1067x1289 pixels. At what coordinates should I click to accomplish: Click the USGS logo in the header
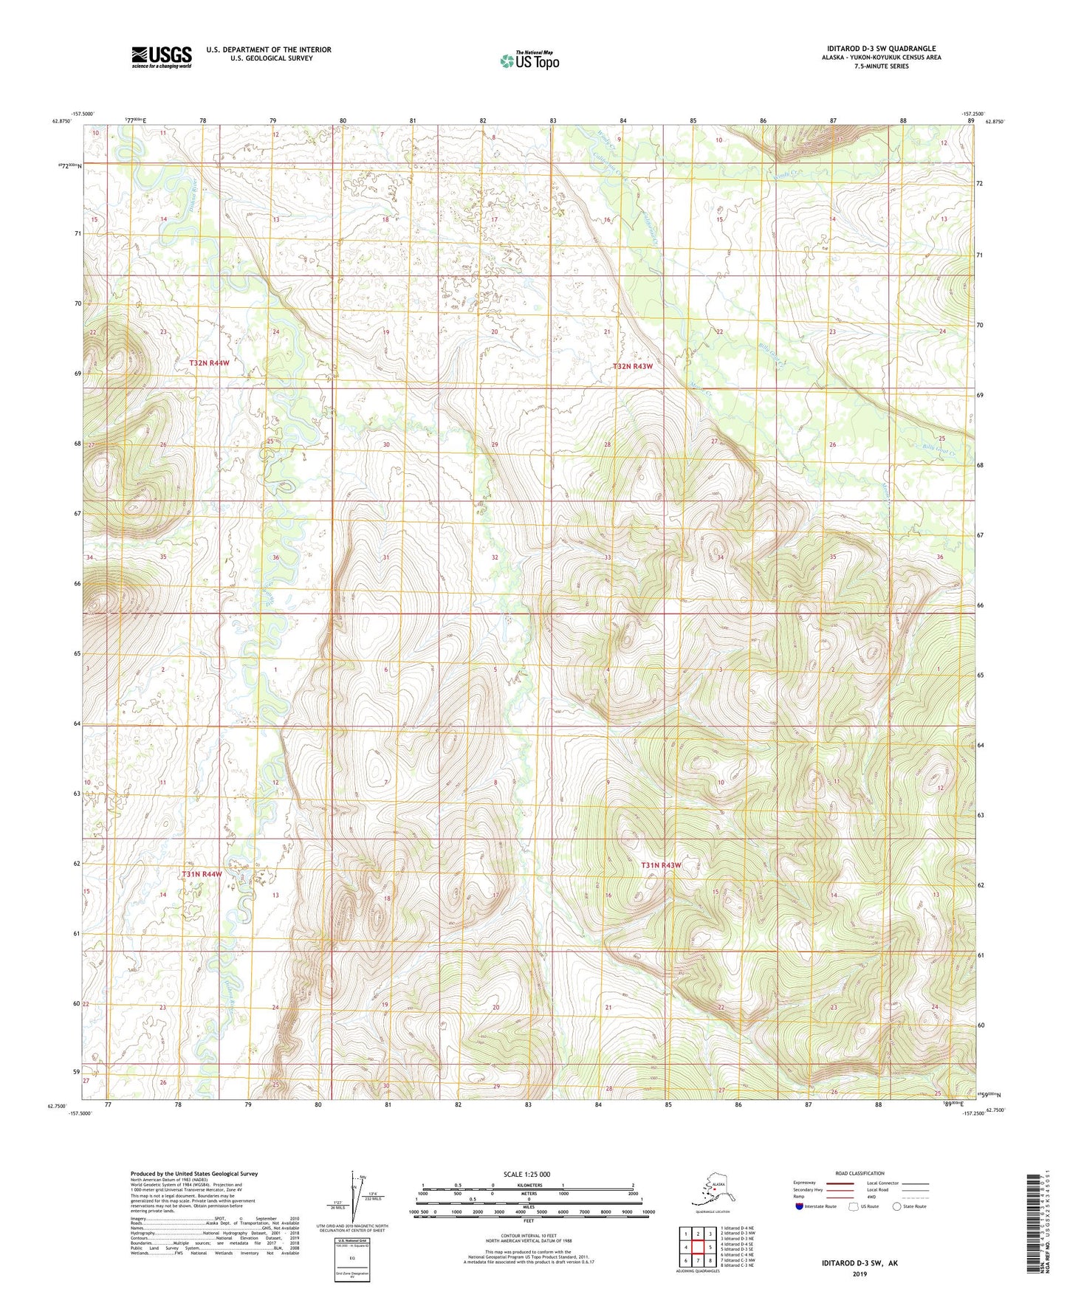162,57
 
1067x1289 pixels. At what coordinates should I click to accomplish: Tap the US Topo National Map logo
529,61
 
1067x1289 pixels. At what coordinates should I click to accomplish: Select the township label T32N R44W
209,363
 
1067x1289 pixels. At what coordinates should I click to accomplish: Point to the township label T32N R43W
633,366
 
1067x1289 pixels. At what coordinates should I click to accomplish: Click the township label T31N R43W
660,865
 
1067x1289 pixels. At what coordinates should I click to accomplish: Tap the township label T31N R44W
202,874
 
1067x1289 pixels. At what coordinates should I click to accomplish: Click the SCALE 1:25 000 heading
527,1174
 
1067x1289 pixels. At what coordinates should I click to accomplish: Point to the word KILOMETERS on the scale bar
527,1185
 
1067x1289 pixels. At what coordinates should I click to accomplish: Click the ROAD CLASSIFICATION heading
860,1173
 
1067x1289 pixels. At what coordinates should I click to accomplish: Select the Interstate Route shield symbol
800,1206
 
